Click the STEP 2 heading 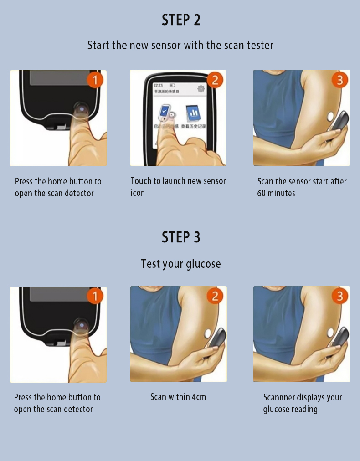181,20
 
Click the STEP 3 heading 181,237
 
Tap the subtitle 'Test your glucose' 181,264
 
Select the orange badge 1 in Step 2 95,80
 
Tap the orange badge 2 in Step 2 215,80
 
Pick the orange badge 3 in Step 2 339,80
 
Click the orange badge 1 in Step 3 95,297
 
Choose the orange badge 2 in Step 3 215,296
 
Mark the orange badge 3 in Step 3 339,296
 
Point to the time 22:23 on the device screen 158,85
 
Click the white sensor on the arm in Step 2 331,117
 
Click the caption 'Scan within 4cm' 178,397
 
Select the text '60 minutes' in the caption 276,193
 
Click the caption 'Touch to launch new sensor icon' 178,187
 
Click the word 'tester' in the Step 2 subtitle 260,45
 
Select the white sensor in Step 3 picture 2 208,333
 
